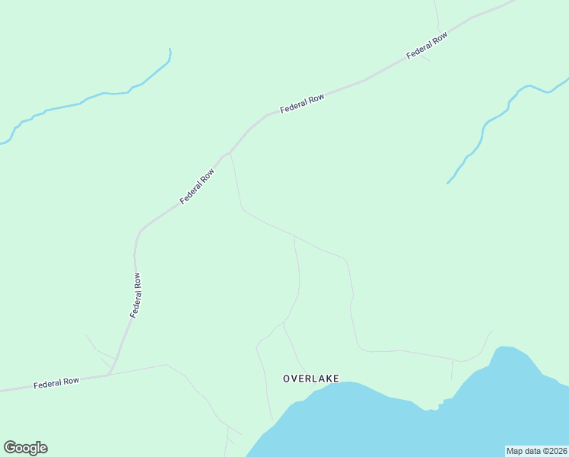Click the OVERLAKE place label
[310, 378]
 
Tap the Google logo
[25, 448]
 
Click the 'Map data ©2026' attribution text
[536, 451]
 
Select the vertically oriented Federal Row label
[135, 295]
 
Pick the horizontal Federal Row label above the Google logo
[56, 384]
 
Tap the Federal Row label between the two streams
[302, 104]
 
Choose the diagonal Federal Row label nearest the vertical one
[197, 187]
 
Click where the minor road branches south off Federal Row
[230, 152]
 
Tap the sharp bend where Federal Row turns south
[139, 231]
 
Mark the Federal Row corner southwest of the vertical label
[110, 372]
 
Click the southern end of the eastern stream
[447, 184]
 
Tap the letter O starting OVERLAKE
[287, 378]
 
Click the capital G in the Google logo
[10, 448]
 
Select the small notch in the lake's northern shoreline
[432, 408]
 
